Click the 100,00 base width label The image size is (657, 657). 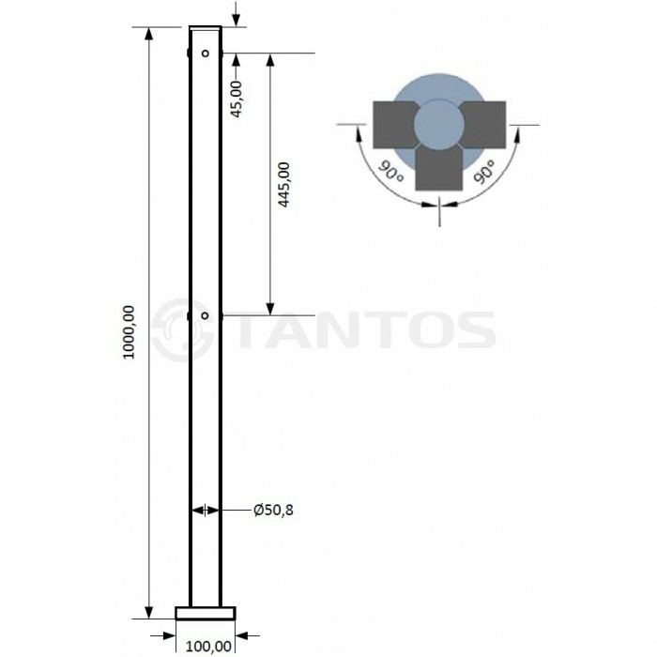pos(207,645)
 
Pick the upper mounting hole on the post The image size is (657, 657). pos(206,53)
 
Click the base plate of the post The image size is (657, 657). pos(206,613)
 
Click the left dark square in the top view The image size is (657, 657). pos(394,124)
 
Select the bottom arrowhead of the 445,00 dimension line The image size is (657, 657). pos(270,310)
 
